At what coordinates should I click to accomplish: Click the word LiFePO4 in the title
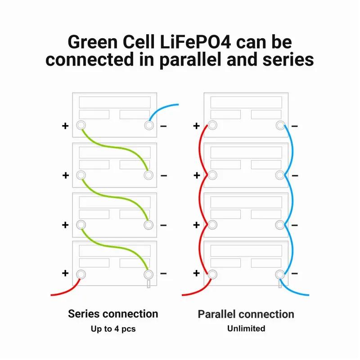pyautogui.click(x=195, y=42)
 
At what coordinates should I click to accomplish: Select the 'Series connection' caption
pyautogui.click(x=113, y=314)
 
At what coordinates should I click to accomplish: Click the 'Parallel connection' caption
pyautogui.click(x=246, y=314)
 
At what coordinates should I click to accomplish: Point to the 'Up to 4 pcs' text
pyautogui.click(x=113, y=329)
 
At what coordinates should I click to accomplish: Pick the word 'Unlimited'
pyautogui.click(x=246, y=328)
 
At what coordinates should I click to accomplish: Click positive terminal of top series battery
pyautogui.click(x=81, y=126)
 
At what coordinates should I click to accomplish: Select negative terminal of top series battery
pyautogui.click(x=149, y=126)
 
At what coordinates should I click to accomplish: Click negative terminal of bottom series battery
pyautogui.click(x=148, y=274)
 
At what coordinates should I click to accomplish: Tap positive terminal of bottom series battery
pyautogui.click(x=81, y=274)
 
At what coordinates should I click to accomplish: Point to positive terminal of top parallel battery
pyautogui.click(x=212, y=126)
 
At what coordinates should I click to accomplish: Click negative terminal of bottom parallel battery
pyautogui.click(x=280, y=274)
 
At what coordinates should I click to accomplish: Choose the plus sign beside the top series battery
pyautogui.click(x=65, y=126)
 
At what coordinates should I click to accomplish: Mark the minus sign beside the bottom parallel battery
pyautogui.click(x=295, y=274)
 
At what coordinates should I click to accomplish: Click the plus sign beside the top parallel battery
pyautogui.click(x=197, y=126)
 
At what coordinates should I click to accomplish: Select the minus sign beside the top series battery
pyautogui.click(x=163, y=126)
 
